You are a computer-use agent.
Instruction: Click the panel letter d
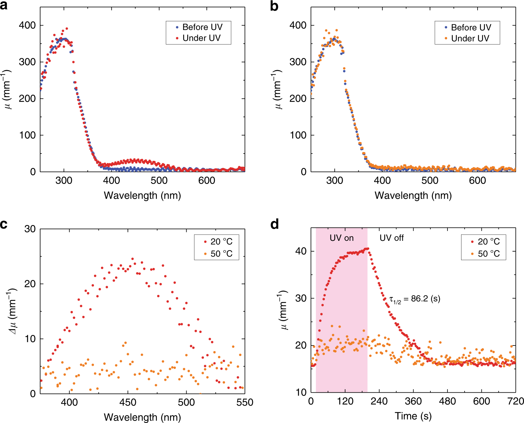(275, 224)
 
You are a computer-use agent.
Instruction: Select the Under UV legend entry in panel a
(202, 38)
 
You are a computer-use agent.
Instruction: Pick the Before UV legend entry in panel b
(471, 28)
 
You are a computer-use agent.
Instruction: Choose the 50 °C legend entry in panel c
(221, 254)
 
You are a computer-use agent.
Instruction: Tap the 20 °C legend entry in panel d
(488, 242)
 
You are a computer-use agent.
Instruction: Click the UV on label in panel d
(342, 238)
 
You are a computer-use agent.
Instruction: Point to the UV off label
(392, 238)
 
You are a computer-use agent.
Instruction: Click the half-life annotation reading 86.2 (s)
(415, 299)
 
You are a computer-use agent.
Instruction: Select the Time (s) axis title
(413, 416)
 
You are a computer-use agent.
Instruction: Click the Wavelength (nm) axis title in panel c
(143, 417)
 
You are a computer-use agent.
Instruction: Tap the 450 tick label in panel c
(128, 403)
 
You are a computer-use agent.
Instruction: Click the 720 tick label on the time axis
(516, 402)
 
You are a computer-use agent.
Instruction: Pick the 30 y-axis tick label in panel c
(30, 229)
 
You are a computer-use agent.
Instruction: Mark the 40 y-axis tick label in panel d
(300, 251)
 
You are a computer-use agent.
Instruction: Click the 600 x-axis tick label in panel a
(207, 181)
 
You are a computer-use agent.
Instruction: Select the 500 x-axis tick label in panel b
(430, 181)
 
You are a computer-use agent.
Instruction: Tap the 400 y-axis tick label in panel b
(298, 25)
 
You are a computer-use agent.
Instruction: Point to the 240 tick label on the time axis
(379, 402)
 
